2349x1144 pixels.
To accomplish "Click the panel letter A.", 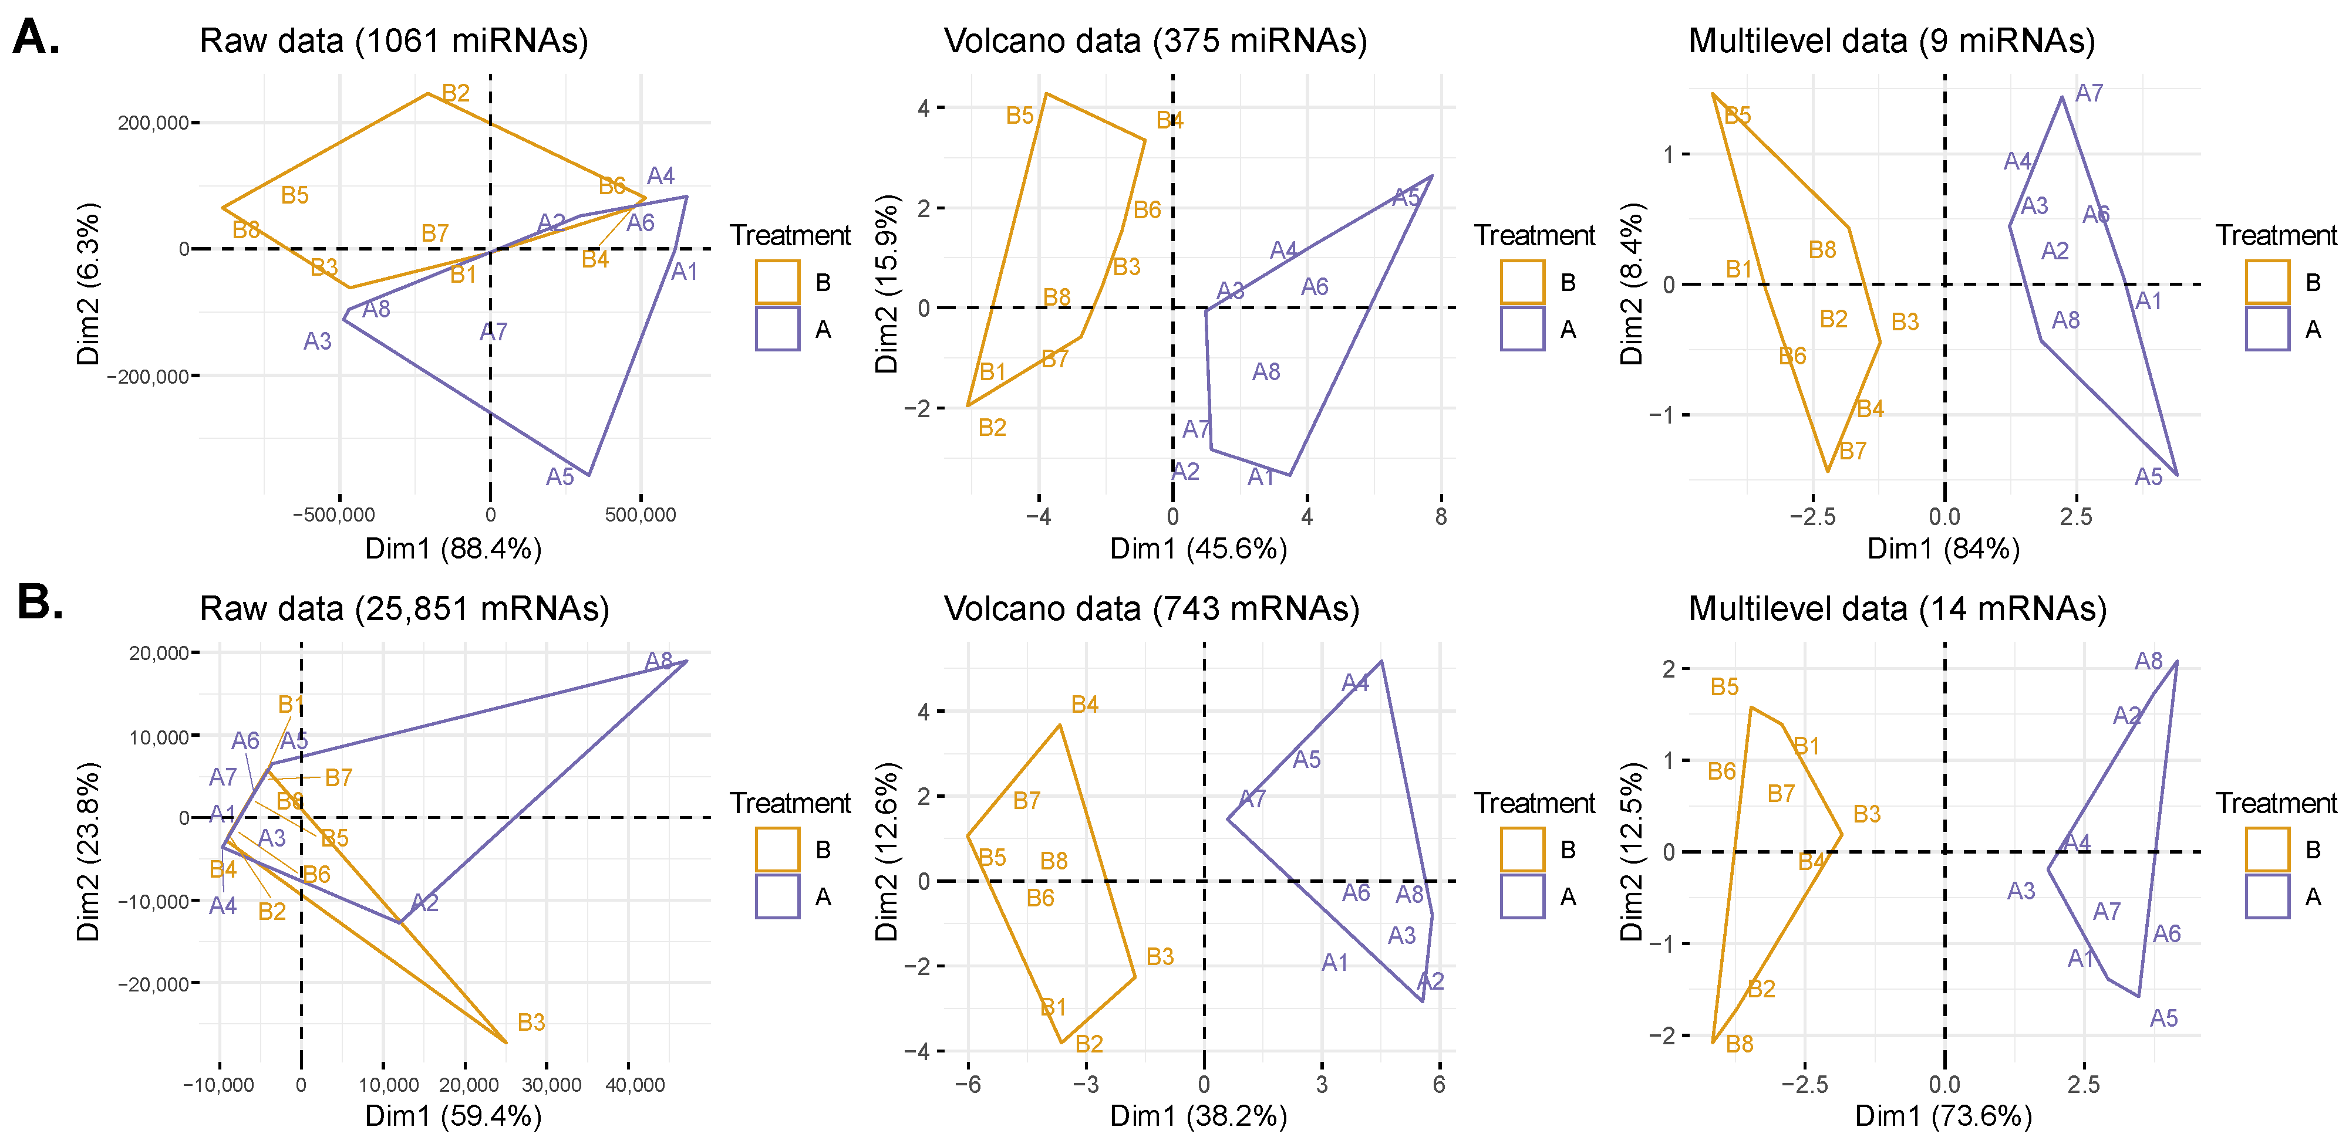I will pyautogui.click(x=36, y=38).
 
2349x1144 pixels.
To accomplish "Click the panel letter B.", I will pyautogui.click(x=40, y=604).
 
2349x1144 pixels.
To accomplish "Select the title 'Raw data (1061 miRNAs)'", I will pyautogui.click(x=394, y=41).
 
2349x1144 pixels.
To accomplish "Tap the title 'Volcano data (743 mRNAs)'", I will pyautogui.click(x=1151, y=608).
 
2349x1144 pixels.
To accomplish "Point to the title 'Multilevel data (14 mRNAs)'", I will pyautogui.click(x=1897, y=608).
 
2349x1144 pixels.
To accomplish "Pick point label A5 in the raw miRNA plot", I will pyautogui.click(x=560, y=477).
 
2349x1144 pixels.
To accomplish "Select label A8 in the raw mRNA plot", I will pyautogui.click(x=658, y=661).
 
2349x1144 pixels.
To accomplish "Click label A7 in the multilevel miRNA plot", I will pyautogui.click(x=2089, y=93).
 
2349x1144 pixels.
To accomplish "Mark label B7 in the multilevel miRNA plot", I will pyautogui.click(x=1852, y=451).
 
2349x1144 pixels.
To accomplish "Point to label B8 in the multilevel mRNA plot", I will pyautogui.click(x=1739, y=1044).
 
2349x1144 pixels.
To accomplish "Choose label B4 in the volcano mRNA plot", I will pyautogui.click(x=1084, y=704).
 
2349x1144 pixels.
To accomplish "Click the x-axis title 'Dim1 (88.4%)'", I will pyautogui.click(x=453, y=549).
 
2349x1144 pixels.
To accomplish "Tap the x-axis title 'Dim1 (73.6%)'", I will pyautogui.click(x=1943, y=1116).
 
